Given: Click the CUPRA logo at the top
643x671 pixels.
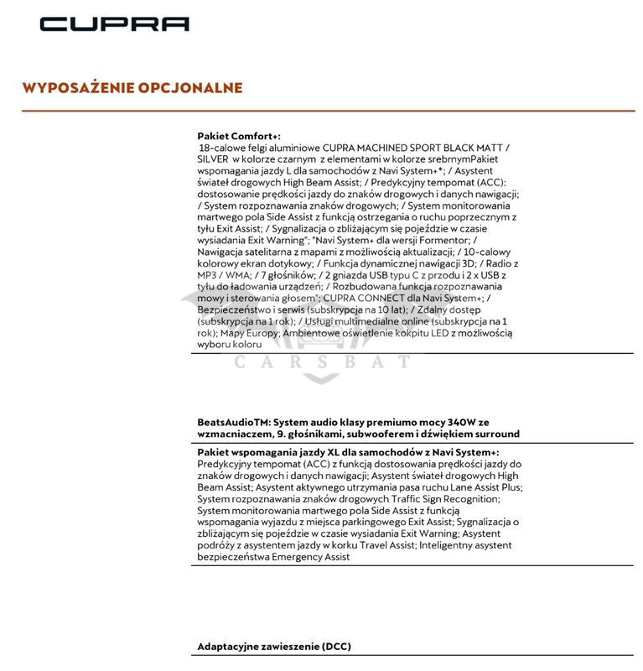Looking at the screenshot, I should (114, 23).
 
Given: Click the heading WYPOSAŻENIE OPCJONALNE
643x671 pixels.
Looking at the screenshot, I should (132, 88).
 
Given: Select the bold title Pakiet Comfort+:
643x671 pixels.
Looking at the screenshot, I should (239, 136).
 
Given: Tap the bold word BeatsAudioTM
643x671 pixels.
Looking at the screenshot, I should (233, 422).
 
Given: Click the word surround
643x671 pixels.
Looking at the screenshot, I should (495, 434).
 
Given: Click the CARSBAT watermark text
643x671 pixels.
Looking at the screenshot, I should (322, 362).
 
